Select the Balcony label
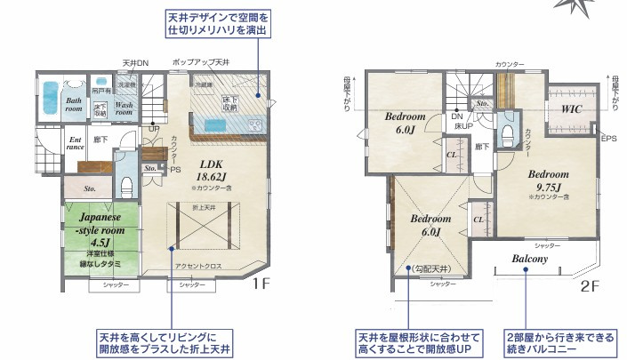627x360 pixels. click(x=534, y=260)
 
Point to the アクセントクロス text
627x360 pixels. click(x=197, y=266)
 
